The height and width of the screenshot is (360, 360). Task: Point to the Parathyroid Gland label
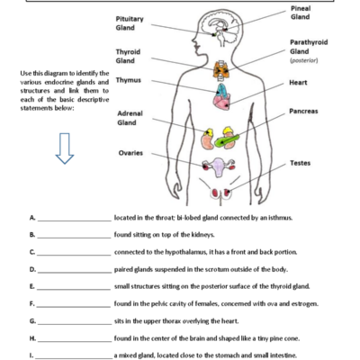[x=309, y=47]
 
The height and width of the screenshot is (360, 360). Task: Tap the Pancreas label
[x=303, y=112]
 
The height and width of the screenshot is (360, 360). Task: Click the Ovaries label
[x=131, y=153]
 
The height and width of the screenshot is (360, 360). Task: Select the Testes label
[x=300, y=163]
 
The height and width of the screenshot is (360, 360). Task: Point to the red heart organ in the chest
[x=220, y=94]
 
